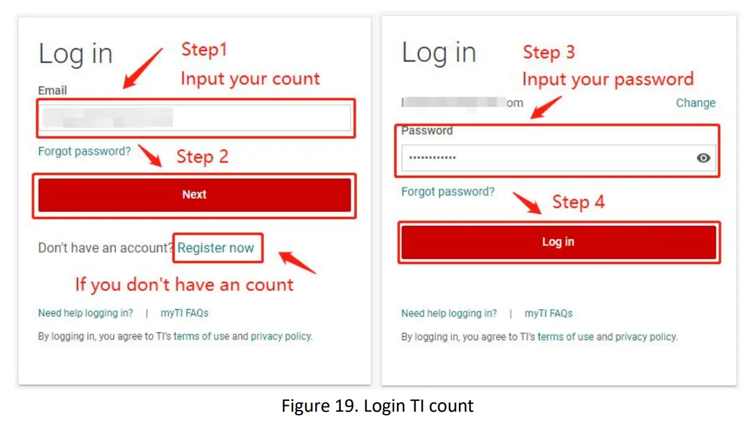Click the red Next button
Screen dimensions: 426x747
(194, 195)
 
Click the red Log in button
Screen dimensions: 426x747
(558, 242)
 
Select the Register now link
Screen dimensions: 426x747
(216, 248)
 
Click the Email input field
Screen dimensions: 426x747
(194, 118)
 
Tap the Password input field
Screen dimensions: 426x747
(545, 158)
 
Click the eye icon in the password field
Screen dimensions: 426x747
(703, 158)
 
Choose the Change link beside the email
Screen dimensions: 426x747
(695, 103)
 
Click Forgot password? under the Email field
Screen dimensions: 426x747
(84, 151)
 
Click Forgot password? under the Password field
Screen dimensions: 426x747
(448, 192)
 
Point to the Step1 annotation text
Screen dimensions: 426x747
(204, 50)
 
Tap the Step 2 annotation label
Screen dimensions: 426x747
(202, 157)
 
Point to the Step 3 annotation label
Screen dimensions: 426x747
(548, 52)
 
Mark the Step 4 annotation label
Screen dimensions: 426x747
(578, 202)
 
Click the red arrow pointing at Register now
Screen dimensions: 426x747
(297, 263)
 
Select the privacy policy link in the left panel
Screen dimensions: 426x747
(281, 336)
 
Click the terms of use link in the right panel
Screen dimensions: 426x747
(565, 337)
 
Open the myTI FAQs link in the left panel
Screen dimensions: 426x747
(184, 313)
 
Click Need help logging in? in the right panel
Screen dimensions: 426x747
(448, 313)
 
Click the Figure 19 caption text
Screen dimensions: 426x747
(377, 406)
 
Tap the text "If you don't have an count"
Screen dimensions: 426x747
(184, 285)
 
